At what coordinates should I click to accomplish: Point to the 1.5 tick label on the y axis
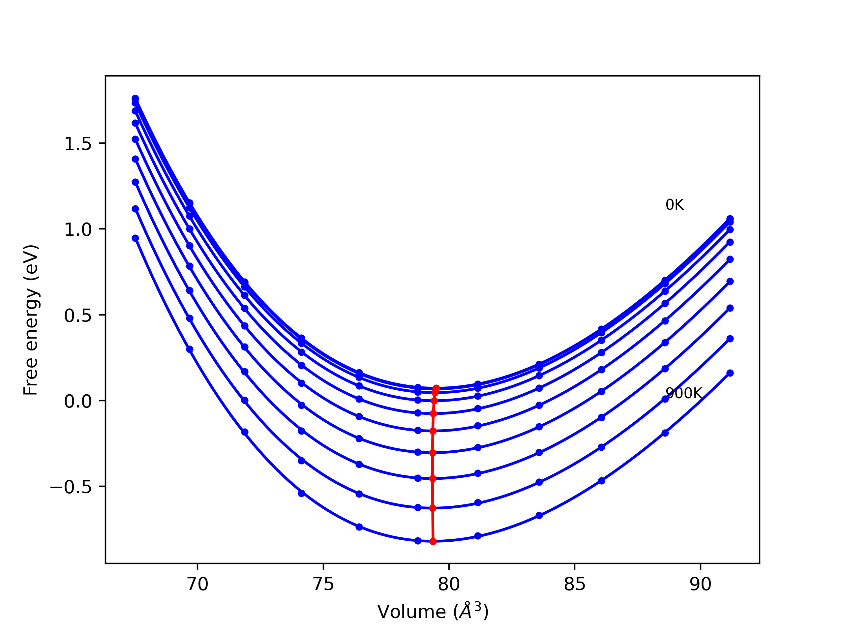click(78, 144)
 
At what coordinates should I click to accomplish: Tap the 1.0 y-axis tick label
click(78, 230)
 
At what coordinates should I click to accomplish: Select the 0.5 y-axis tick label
click(78, 316)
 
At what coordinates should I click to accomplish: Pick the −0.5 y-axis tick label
click(71, 487)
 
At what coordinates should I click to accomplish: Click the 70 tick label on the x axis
click(197, 585)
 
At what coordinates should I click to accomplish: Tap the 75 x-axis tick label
click(323, 585)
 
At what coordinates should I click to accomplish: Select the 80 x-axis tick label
click(449, 585)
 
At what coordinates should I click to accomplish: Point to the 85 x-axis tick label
click(575, 585)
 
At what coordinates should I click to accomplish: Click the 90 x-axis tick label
click(701, 585)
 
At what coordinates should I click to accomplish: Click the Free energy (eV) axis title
click(31, 320)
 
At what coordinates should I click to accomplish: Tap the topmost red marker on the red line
click(437, 388)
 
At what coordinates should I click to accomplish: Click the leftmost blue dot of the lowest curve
click(136, 238)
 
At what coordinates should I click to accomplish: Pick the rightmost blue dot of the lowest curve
click(730, 373)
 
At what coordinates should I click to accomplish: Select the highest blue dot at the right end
click(730, 219)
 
